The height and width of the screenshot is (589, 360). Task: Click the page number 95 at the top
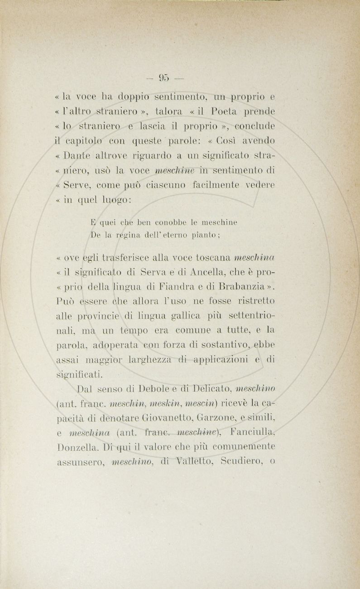pyautogui.click(x=163, y=77)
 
